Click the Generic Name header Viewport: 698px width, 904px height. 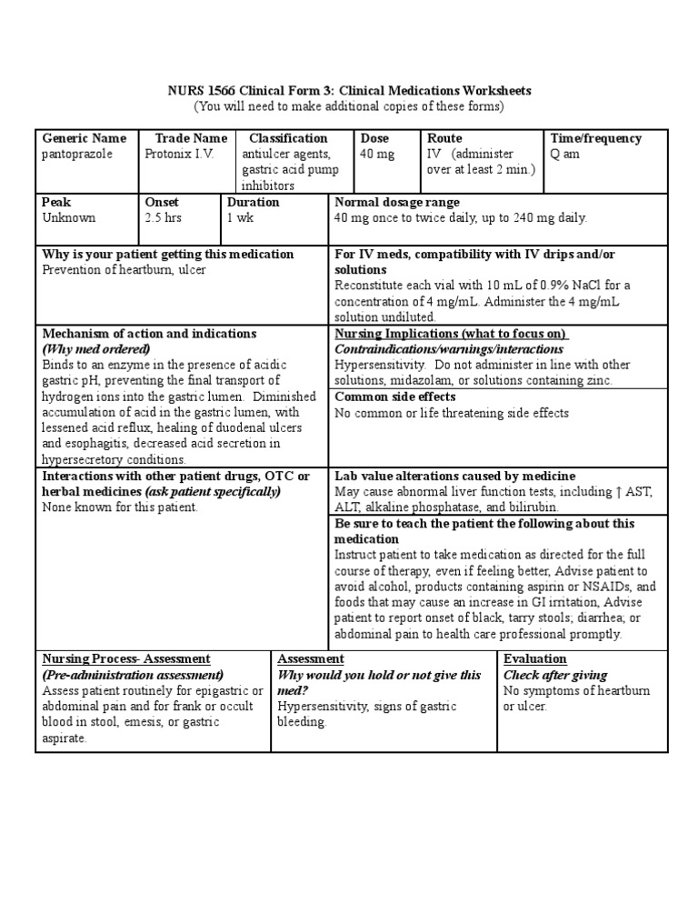[x=84, y=138]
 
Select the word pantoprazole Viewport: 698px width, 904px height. [x=76, y=154]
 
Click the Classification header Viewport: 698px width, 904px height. [x=288, y=138]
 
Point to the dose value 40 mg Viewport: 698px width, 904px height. [x=377, y=154]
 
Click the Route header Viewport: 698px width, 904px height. [x=444, y=138]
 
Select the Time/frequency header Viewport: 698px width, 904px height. [x=595, y=138]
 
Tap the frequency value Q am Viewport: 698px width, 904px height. [x=564, y=154]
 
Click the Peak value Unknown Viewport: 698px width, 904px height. [x=68, y=217]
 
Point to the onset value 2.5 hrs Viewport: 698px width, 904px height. [x=165, y=217]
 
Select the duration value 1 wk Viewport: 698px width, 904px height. [x=241, y=217]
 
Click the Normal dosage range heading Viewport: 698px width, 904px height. [x=397, y=202]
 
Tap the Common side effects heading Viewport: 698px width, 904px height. [x=395, y=397]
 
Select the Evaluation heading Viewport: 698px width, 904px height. [x=534, y=658]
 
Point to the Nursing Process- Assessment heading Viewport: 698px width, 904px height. [x=126, y=658]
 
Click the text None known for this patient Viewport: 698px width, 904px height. [x=120, y=507]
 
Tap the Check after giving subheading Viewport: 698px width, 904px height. [x=555, y=675]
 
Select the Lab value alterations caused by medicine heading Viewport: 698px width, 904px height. [x=454, y=476]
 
